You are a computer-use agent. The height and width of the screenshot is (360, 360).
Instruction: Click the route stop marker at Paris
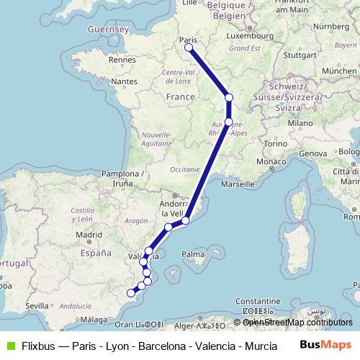[x=189, y=48]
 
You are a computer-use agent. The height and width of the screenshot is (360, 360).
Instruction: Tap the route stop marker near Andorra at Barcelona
[x=185, y=220]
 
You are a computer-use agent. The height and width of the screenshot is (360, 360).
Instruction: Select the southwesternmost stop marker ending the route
[x=131, y=292]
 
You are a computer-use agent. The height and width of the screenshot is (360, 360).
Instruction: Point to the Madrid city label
[x=89, y=234]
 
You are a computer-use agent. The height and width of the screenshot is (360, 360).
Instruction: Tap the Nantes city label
[x=124, y=82]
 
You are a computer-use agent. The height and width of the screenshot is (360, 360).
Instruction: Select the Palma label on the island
[x=193, y=254]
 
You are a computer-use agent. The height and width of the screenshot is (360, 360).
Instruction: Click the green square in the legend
[x=9, y=346]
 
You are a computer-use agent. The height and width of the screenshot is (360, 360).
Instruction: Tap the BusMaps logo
[x=325, y=346]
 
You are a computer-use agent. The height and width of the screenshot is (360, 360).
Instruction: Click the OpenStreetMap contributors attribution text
[x=297, y=323]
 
